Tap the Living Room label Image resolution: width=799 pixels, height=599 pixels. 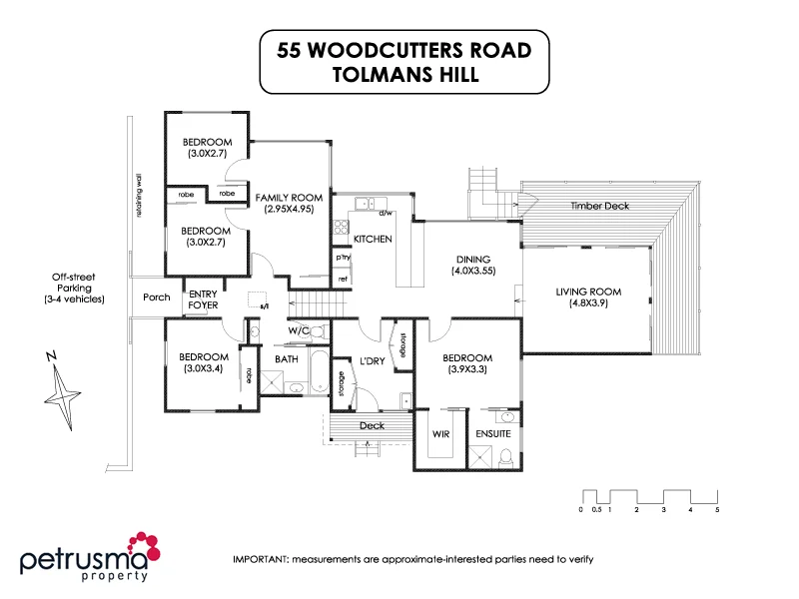pyautogui.click(x=588, y=298)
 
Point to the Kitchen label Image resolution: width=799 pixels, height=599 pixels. pyautogui.click(x=373, y=240)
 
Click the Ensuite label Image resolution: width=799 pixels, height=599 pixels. pyautogui.click(x=494, y=434)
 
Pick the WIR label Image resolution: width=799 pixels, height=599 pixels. pyautogui.click(x=440, y=434)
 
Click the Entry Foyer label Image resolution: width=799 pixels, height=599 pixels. pyautogui.click(x=203, y=299)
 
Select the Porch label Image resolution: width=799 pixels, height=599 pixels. pyautogui.click(x=157, y=297)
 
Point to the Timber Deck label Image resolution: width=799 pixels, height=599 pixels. pyautogui.click(x=599, y=206)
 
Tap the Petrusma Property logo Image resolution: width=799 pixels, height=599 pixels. pyautogui.click(x=90, y=556)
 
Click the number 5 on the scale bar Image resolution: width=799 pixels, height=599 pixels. pyautogui.click(x=717, y=509)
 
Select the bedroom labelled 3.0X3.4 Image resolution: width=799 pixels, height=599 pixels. pyautogui.click(x=204, y=362)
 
